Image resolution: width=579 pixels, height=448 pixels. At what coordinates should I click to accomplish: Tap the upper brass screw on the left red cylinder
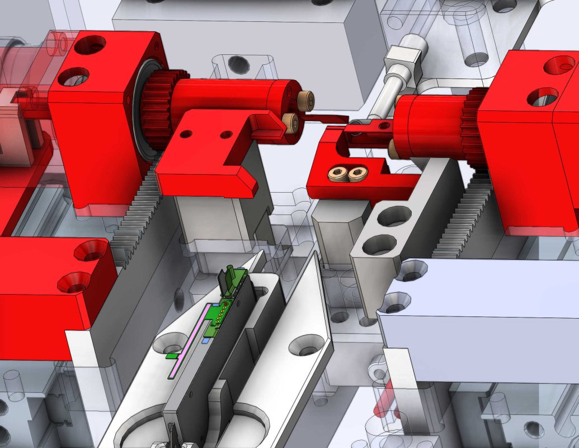(x=306, y=100)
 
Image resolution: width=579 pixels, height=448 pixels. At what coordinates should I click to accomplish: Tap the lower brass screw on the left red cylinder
(x=291, y=122)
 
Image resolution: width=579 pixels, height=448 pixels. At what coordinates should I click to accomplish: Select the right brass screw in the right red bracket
(x=356, y=174)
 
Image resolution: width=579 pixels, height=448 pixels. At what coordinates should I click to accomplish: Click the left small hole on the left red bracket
(x=185, y=134)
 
